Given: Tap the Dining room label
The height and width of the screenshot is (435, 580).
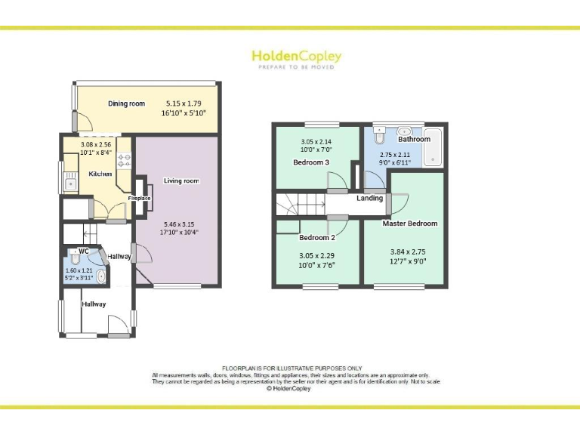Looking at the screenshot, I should point(126,103).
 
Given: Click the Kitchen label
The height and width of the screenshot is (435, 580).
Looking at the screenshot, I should point(100,174).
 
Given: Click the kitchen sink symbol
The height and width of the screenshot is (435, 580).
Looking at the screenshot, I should point(71,182).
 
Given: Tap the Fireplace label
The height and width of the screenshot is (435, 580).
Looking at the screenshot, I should point(139,198).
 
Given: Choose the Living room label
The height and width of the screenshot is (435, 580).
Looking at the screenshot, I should point(181,180).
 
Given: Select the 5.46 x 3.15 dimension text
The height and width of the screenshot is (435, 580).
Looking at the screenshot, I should point(178,224).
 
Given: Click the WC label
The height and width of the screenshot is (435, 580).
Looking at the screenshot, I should point(84,251).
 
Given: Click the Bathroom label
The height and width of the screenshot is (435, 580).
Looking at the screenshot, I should point(414,139).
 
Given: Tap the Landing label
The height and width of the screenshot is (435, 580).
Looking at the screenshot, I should point(370,199).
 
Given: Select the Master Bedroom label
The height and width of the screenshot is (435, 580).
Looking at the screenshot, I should point(410,224).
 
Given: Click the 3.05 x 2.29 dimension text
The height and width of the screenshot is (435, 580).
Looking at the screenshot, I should point(316,255).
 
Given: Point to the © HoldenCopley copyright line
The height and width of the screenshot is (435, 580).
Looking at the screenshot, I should point(290,389).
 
